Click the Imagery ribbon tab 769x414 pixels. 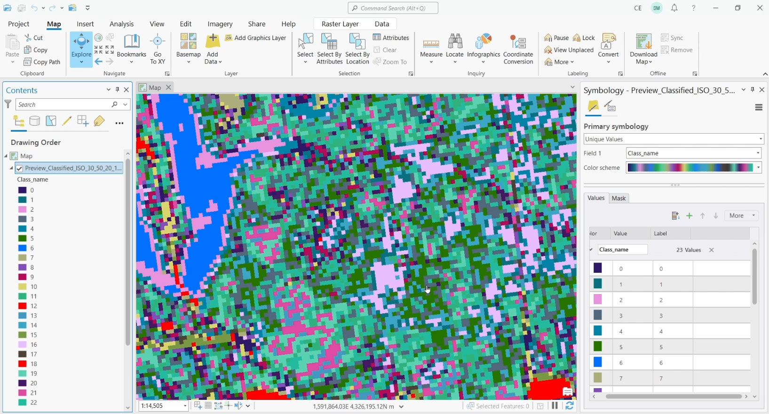click(x=220, y=24)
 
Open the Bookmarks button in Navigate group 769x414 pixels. click(x=132, y=48)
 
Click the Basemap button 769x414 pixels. click(x=188, y=48)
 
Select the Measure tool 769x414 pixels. click(x=431, y=48)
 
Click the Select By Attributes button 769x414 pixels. click(x=329, y=48)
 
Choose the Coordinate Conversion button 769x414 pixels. click(x=518, y=48)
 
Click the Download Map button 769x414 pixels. click(x=643, y=48)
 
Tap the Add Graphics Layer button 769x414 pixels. click(x=256, y=38)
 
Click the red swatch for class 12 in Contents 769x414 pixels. click(x=22, y=306)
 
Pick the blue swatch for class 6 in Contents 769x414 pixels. click(x=22, y=248)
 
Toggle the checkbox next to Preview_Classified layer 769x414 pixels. click(x=19, y=168)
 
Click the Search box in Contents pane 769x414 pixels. click(x=63, y=104)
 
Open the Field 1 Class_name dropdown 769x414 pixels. click(x=694, y=153)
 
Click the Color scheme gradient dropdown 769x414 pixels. click(x=694, y=168)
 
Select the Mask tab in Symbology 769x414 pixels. click(x=618, y=198)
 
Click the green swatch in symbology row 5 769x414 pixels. click(x=598, y=347)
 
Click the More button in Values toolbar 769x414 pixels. click(x=741, y=215)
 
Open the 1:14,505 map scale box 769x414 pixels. click(x=163, y=406)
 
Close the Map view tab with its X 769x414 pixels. click(x=168, y=88)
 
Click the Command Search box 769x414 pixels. click(x=393, y=8)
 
